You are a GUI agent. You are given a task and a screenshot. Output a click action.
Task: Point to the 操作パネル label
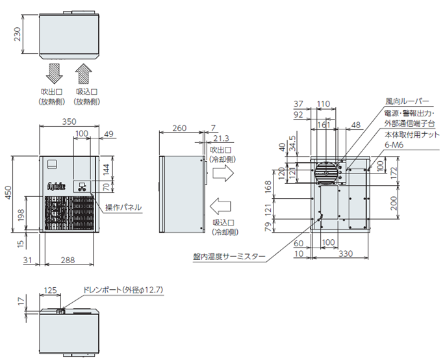123,208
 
